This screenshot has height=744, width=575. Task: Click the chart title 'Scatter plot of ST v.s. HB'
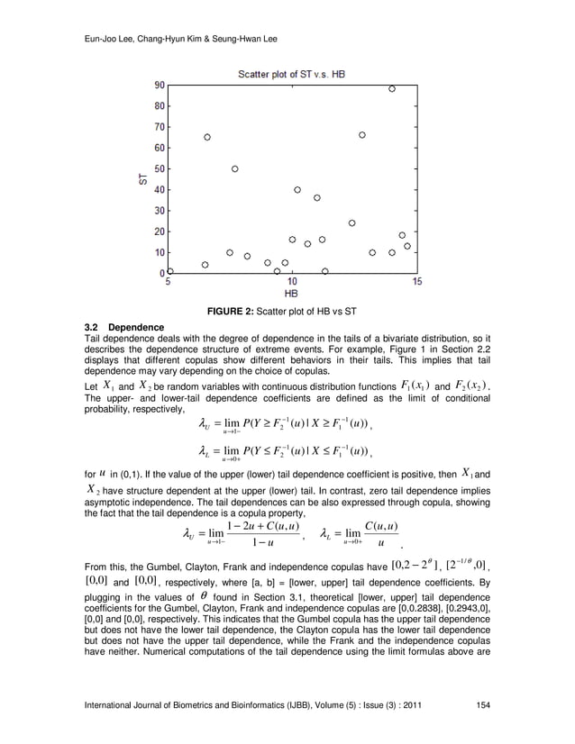[x=290, y=72]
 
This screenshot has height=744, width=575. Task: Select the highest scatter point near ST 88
[x=391, y=89]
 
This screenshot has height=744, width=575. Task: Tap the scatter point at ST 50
[x=235, y=168]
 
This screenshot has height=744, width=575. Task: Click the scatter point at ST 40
[x=297, y=190]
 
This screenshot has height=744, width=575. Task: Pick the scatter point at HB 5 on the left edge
[x=170, y=270]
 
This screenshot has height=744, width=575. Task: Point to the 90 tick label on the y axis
[x=158, y=86]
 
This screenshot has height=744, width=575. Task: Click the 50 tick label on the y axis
[x=158, y=168]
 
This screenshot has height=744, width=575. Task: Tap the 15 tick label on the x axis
[x=416, y=282]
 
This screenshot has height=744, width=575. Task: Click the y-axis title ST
[x=142, y=178]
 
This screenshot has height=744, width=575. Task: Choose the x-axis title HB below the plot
[x=291, y=294]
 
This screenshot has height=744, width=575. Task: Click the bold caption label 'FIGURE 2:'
[x=234, y=312]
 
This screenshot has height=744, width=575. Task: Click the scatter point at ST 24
[x=351, y=222]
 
